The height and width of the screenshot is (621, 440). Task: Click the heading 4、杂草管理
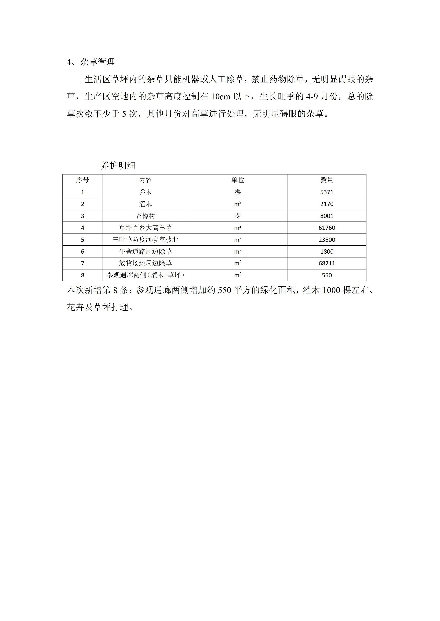(91, 62)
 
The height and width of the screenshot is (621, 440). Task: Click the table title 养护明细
(118, 165)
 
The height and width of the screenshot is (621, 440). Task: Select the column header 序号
(82, 180)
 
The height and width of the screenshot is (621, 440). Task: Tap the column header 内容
(145, 180)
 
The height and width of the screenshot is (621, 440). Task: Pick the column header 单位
(238, 180)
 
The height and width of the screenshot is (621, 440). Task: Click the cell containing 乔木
(145, 192)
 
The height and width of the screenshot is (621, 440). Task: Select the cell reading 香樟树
(145, 216)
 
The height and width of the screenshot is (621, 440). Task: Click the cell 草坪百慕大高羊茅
(145, 228)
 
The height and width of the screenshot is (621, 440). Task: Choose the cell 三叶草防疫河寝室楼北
(145, 240)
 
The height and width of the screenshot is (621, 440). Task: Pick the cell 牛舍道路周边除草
(145, 252)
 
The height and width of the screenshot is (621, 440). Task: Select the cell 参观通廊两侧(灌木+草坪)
(145, 275)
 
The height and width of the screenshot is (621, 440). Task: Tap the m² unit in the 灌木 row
(238, 204)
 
